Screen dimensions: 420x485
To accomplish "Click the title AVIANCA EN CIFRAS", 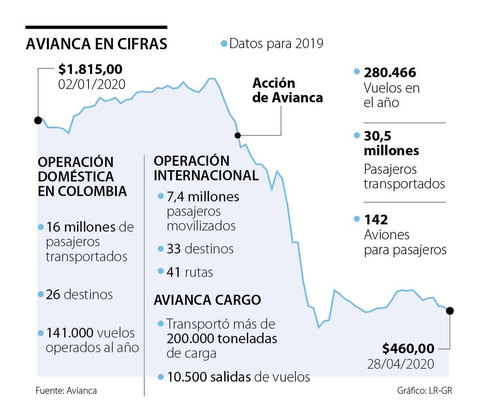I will coord(97,44).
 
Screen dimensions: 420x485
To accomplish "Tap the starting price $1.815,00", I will coord(90,69).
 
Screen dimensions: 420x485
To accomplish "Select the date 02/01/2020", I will coord(92,84).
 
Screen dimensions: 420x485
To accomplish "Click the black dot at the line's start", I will coord(38,120).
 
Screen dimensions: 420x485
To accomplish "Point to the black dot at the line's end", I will coord(450,311).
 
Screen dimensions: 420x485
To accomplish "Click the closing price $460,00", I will coord(408,348).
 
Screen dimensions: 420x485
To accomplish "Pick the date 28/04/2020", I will coord(401,364).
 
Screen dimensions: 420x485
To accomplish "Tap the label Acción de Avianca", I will coord(287,90).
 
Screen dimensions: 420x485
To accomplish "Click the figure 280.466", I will coord(390,73).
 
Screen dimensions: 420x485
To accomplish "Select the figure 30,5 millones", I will coord(391,143).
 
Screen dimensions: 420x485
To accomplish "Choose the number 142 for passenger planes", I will coord(376,219).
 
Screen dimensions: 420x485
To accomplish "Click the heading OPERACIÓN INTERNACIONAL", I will coord(206,168).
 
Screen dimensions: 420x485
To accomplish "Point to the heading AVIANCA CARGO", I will coord(207,300).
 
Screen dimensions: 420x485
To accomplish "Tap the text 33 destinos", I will coord(200,249).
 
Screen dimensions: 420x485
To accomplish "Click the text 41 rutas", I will coord(190,272).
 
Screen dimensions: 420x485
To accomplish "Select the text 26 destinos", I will coord(79,294).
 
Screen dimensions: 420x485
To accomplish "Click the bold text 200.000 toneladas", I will coord(222,338).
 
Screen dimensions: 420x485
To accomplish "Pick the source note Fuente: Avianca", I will coord(66,390).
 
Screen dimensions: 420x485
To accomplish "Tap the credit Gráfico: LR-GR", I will coord(424,390).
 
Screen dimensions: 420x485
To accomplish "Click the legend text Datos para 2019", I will coord(276,44).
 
